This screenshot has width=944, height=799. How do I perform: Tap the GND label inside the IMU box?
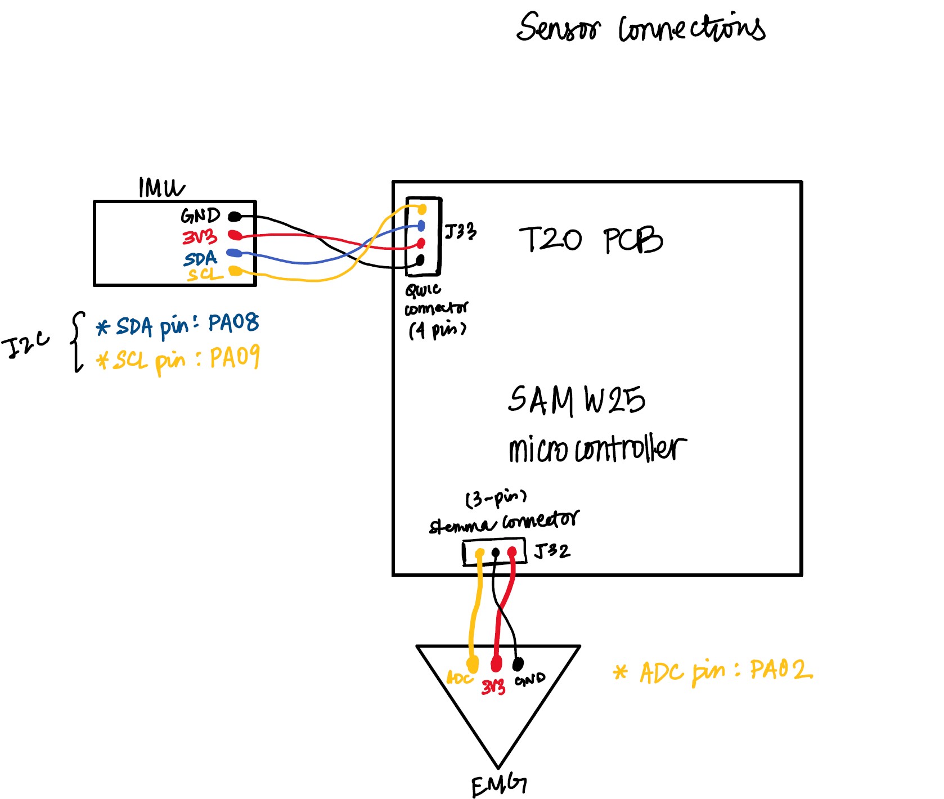coord(200,216)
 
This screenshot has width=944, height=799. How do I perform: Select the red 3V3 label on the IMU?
coord(199,237)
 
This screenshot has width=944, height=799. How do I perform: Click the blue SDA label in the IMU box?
coord(200,259)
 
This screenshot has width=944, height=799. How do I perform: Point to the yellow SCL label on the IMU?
coord(204,275)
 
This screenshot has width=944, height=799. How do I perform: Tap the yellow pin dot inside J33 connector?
coord(422,209)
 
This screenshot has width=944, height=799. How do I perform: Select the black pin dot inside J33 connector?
coord(420,261)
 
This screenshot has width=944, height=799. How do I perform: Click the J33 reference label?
coord(460,231)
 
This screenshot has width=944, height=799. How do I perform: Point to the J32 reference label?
coord(552,550)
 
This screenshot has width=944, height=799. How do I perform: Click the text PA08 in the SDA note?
coord(233,322)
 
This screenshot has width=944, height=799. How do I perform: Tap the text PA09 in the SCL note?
coord(235,358)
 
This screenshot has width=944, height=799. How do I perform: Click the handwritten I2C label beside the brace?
coord(25,345)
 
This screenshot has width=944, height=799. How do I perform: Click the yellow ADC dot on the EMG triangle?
coord(473,665)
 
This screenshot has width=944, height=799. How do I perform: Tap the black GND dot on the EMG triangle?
coord(518,665)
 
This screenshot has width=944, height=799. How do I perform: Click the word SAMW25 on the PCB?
coord(576,400)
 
